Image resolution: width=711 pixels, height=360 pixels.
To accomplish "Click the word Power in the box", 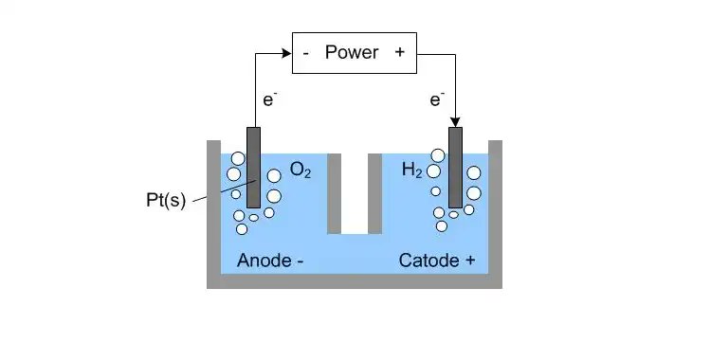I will click(352, 53).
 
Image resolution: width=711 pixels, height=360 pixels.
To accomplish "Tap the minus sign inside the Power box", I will click(305, 53).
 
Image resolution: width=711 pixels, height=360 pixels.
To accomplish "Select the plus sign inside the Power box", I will click(399, 53).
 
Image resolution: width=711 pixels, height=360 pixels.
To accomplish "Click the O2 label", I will click(301, 171).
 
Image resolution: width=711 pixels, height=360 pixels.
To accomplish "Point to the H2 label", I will click(412, 171).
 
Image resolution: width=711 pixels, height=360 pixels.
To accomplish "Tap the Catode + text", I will click(437, 260).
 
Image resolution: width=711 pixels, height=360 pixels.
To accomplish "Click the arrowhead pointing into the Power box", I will click(285, 53).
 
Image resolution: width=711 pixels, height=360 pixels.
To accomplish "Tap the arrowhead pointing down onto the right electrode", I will click(456, 121).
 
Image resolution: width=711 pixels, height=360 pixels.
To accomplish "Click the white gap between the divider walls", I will click(355, 189).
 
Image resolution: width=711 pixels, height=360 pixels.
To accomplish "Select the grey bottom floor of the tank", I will click(355, 281).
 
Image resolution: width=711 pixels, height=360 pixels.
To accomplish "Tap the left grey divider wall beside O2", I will click(334, 189).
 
